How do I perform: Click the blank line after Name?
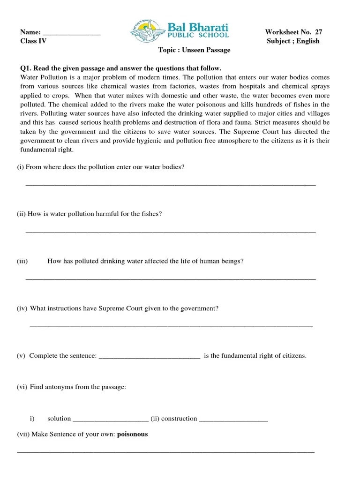71,33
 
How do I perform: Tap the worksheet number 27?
318,32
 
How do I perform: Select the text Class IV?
33,41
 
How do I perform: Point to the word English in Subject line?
308,41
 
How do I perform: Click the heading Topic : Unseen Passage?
194,50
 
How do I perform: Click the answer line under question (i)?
170,185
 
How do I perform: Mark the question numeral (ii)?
21,214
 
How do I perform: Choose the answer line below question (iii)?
170,279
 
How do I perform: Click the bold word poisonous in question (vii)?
132,434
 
